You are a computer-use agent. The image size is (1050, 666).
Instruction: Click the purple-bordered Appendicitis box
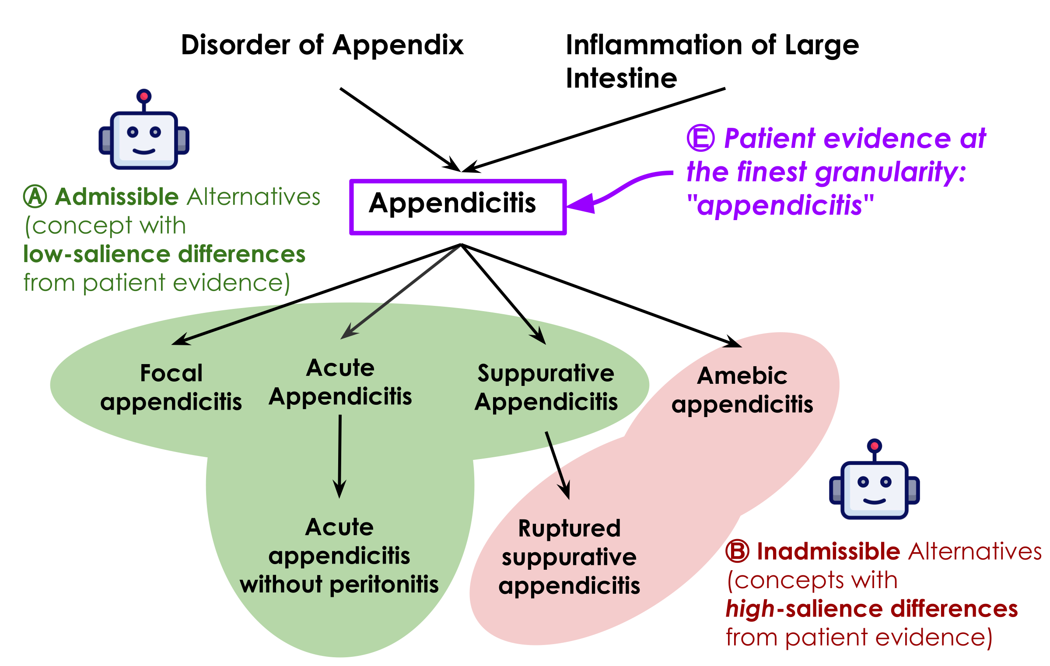click(x=458, y=207)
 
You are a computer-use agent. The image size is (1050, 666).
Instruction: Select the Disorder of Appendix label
click(x=322, y=45)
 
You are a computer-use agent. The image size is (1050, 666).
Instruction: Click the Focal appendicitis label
click(x=171, y=387)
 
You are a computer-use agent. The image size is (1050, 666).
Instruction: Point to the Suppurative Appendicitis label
click(x=546, y=387)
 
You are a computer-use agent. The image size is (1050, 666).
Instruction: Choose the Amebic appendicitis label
click(x=742, y=389)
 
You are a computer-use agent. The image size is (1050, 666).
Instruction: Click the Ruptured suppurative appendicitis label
click(x=569, y=557)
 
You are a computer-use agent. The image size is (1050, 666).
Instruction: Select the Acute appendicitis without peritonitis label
click(x=339, y=555)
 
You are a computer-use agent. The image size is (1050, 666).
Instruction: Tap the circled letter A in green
click(x=35, y=196)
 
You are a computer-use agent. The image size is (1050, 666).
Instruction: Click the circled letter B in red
click(x=738, y=551)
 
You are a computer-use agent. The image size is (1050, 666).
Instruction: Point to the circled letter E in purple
click(x=700, y=138)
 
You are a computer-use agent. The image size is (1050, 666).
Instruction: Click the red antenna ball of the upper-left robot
click(x=144, y=96)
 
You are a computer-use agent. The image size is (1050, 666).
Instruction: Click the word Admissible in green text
click(x=117, y=196)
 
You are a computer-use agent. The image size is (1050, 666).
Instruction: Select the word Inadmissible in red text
click(x=828, y=551)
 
